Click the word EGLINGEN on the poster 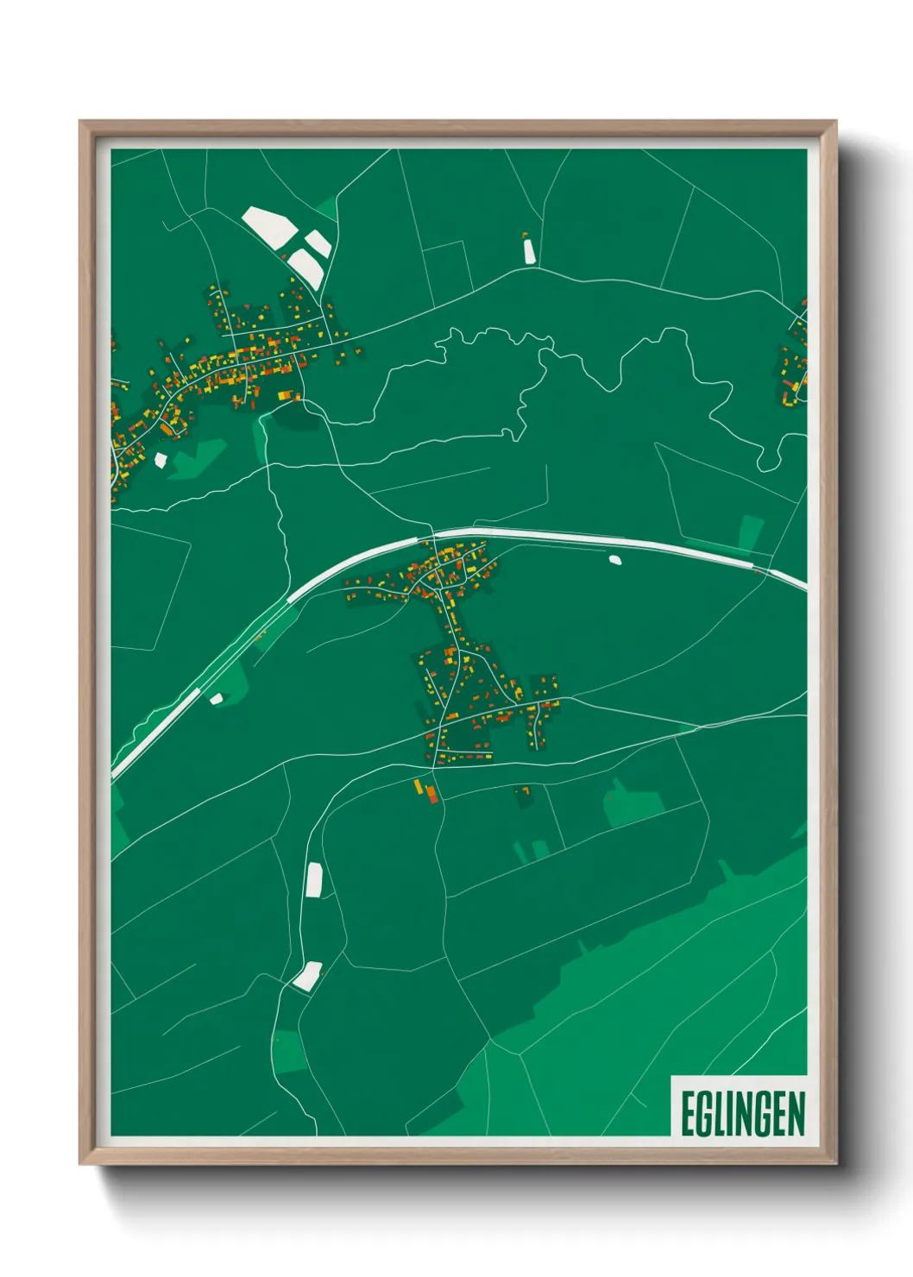tap(742, 1114)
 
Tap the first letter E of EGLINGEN tap(688, 1114)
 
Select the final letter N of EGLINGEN tap(797, 1114)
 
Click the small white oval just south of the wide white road tap(615, 559)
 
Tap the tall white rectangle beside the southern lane tap(314, 879)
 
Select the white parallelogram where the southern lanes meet tap(306, 976)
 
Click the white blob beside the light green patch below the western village tap(161, 460)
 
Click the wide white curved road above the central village tap(552, 536)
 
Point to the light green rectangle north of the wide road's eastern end tap(750, 532)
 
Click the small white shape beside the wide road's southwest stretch tap(216, 698)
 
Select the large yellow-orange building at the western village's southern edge tap(287, 395)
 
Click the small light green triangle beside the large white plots tap(326, 209)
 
